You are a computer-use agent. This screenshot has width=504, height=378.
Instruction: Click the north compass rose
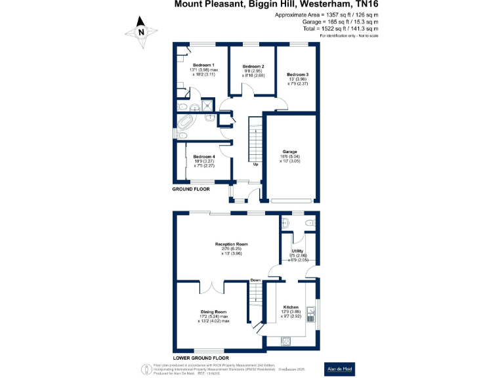(141, 31)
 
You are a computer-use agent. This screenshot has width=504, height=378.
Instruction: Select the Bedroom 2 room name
(253, 67)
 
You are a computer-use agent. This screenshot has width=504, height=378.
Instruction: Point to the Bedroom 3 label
(297, 75)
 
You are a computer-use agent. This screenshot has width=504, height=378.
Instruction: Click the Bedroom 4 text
(204, 157)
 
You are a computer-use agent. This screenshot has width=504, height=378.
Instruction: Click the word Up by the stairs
(255, 164)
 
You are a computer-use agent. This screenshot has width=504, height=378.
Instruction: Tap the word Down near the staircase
(255, 280)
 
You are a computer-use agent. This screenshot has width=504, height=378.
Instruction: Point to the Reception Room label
(231, 244)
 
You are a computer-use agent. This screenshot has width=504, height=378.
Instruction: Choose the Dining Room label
(214, 312)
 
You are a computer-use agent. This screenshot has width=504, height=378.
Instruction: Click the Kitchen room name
(291, 307)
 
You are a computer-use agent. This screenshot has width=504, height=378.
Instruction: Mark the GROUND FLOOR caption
(191, 189)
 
